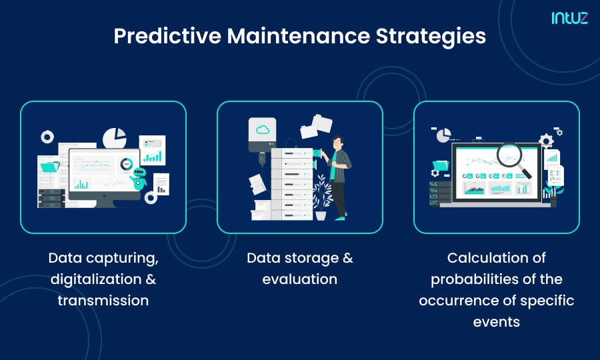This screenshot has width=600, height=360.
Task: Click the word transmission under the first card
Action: point(103,300)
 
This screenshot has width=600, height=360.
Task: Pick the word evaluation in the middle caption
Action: point(299,279)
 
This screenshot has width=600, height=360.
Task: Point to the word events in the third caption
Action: point(496,321)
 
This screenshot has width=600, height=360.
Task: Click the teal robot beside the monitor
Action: point(139,178)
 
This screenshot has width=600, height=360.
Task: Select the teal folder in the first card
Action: point(49,165)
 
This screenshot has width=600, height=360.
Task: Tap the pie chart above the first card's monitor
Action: point(115,138)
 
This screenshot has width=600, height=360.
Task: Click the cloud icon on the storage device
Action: point(261,129)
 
